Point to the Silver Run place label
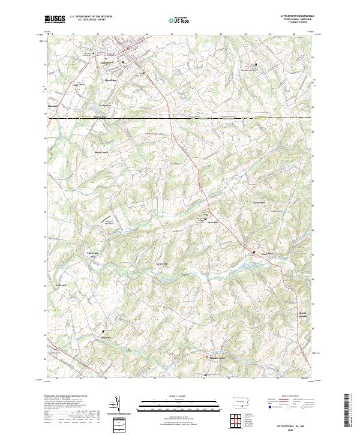(x=211, y=223)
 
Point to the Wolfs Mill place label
(x=60, y=285)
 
